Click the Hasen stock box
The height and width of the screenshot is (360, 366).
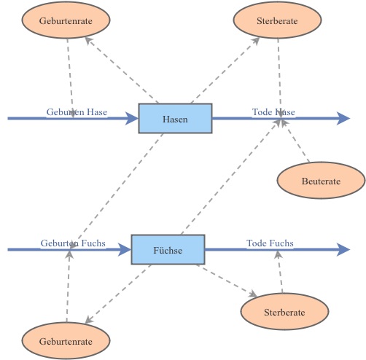point(175,118)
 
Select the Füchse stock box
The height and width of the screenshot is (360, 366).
point(168,249)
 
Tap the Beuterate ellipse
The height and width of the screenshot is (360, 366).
point(321,181)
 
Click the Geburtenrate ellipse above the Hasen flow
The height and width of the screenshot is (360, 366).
point(66,21)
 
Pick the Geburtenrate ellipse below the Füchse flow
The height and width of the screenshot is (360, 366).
point(66,341)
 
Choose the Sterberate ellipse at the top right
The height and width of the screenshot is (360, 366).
point(277,21)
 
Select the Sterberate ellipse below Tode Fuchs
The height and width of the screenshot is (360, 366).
point(284,312)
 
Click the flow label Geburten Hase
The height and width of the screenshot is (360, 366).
point(77,112)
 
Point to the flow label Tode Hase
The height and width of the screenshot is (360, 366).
point(273,112)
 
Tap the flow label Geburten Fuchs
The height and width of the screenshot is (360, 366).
point(73,243)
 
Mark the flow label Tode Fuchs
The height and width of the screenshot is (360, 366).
point(270,243)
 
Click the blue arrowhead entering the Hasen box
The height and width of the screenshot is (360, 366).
point(132,118)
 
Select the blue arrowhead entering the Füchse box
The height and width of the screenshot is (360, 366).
point(125,249)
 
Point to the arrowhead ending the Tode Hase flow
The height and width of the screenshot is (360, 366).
point(344,118)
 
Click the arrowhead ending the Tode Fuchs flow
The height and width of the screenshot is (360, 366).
point(344,249)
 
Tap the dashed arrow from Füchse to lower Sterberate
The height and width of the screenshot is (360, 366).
point(226,281)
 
